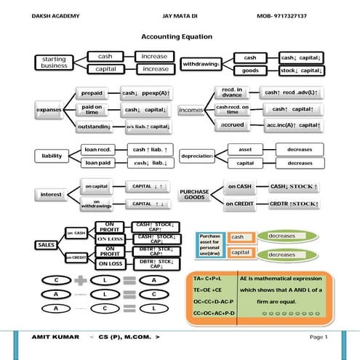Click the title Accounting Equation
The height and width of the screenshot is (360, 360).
180,36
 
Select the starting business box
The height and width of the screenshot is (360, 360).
54,63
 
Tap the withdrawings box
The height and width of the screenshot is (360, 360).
201,64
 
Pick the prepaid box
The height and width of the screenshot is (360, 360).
92,94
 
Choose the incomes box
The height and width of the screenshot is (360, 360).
191,110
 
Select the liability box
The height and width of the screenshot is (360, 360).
51,156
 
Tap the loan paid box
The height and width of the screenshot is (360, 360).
97,163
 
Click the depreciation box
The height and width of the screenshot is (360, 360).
196,156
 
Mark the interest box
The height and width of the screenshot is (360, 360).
51,195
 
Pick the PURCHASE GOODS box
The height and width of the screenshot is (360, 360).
195,194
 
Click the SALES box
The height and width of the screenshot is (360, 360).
47,245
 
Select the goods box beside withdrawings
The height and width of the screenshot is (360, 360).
250,71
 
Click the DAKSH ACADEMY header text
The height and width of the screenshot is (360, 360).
56,15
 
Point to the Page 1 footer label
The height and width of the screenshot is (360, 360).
319,337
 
